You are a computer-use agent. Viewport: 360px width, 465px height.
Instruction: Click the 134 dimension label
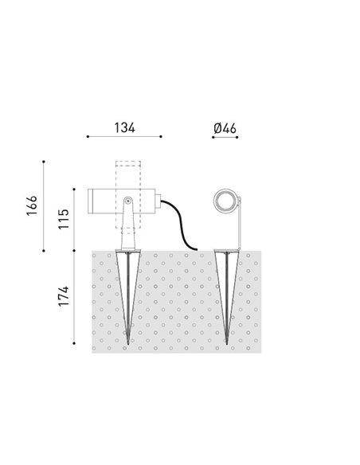tap(125, 127)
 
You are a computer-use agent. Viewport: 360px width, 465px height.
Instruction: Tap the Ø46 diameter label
tap(225, 128)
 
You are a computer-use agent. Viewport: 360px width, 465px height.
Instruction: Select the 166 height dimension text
tap(32, 205)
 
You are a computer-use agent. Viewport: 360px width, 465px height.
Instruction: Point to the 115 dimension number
tap(64, 219)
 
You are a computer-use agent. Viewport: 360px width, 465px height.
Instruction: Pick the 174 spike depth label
tap(64, 296)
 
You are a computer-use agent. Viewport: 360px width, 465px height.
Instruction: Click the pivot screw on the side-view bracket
tap(128, 201)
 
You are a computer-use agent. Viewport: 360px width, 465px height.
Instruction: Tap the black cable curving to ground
tap(181, 225)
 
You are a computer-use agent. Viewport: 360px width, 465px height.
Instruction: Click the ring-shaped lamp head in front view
tap(225, 201)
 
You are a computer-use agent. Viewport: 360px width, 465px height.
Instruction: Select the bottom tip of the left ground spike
tap(128, 344)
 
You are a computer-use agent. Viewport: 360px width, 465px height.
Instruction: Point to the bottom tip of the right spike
tap(227, 344)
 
